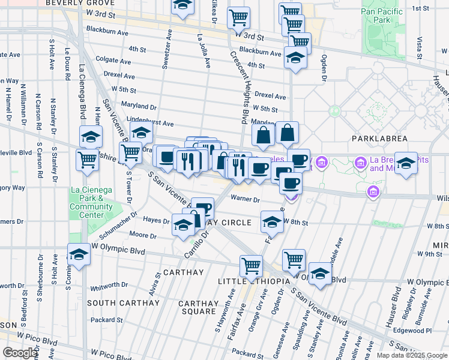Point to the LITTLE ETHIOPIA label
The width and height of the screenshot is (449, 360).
(x=253, y=281)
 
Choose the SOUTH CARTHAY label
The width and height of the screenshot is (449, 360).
(x=123, y=303)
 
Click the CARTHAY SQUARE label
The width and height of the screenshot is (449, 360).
(x=198, y=307)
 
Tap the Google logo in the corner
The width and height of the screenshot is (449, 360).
(x=19, y=353)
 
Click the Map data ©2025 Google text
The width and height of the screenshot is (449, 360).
(x=411, y=355)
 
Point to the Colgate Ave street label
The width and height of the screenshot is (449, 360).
(x=114, y=61)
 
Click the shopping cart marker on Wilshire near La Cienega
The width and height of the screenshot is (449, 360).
(x=88, y=160)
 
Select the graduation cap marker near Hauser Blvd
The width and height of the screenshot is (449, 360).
(x=406, y=164)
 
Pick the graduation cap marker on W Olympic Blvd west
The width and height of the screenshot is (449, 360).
(x=78, y=254)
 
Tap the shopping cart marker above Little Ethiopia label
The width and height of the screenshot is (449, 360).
(x=251, y=265)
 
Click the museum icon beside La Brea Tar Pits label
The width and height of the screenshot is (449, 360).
(x=360, y=163)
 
